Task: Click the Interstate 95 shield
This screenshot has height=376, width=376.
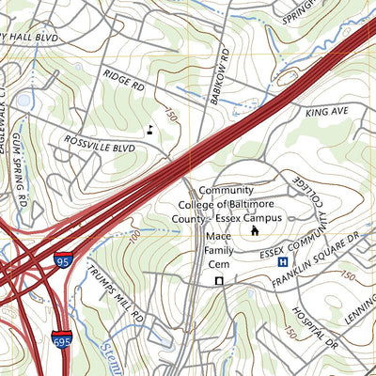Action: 63,259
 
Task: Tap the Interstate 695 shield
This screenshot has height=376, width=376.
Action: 62,340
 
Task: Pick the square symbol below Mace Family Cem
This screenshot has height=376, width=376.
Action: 219,280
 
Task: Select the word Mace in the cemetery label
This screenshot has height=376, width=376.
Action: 218,237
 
